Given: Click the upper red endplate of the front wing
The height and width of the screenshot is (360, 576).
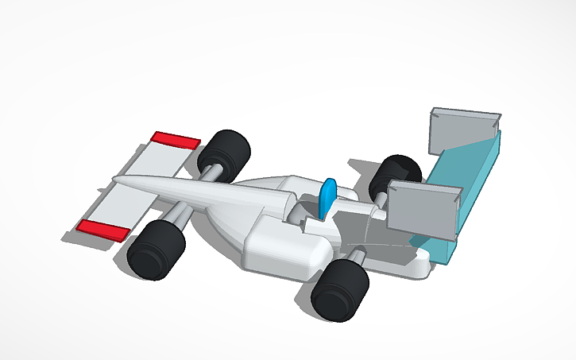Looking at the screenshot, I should point(176,140).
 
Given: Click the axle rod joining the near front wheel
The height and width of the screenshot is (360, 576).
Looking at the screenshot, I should point(178,213).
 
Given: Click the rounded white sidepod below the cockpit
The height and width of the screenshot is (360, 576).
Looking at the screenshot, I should point(286,250).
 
